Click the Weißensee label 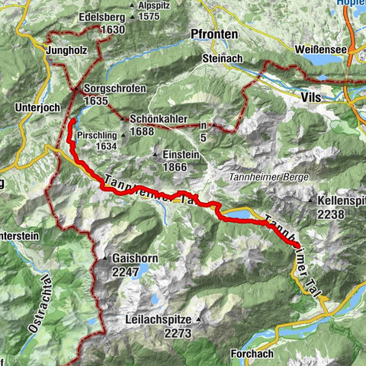point(319,50)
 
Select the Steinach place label point(221,59)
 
